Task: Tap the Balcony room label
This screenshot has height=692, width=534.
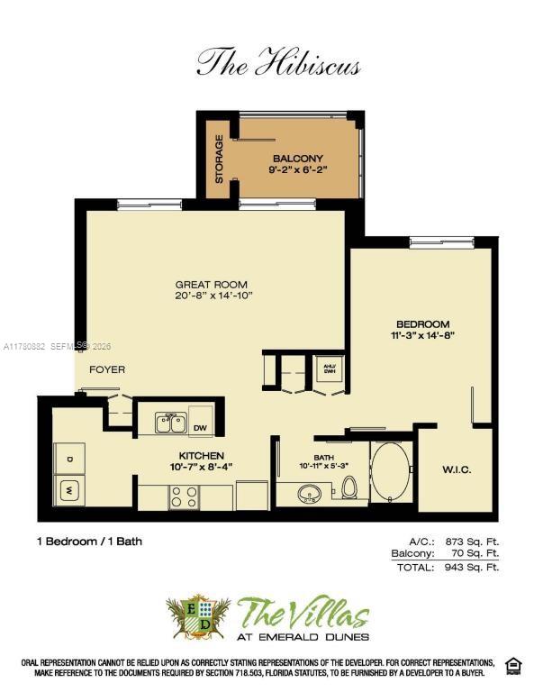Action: [x=290, y=159]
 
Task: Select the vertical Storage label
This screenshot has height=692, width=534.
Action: [x=219, y=159]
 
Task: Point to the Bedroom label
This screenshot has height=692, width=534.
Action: [x=422, y=324]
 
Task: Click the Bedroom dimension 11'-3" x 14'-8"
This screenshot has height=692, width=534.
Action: [x=422, y=335]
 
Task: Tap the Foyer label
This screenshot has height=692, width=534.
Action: [x=106, y=369]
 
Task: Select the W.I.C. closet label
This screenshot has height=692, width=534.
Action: [x=456, y=469]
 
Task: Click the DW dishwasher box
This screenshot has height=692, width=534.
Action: [x=200, y=427]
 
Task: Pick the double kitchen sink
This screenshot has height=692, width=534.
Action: [x=170, y=423]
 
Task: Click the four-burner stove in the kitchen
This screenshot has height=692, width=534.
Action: [x=185, y=496]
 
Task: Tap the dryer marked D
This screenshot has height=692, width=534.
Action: [x=68, y=458]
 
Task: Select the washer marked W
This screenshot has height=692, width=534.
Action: [x=69, y=491]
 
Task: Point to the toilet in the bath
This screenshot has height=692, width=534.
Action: [x=350, y=487]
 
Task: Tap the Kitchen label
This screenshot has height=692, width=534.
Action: [x=201, y=455]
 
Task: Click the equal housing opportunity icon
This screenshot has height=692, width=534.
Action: [x=512, y=665]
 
